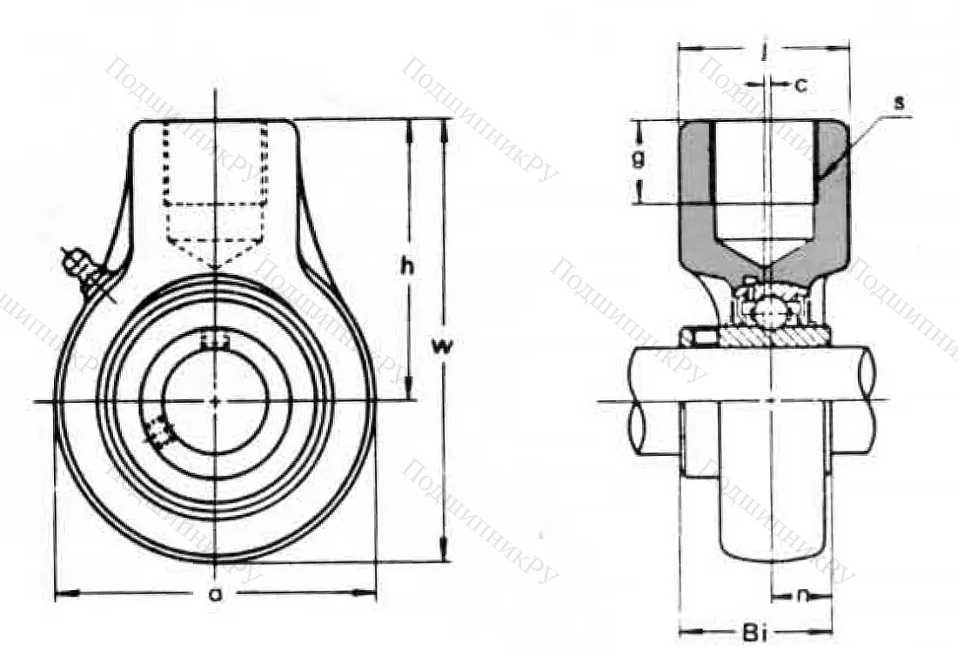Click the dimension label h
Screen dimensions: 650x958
[x=405, y=268]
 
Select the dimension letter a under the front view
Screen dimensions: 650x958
[x=214, y=594]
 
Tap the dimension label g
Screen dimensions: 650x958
[x=639, y=158]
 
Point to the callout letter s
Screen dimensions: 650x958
[x=899, y=102]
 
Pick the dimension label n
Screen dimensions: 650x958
[x=801, y=596]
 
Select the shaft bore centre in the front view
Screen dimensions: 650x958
[x=215, y=401]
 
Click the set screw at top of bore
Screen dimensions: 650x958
[x=214, y=340]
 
